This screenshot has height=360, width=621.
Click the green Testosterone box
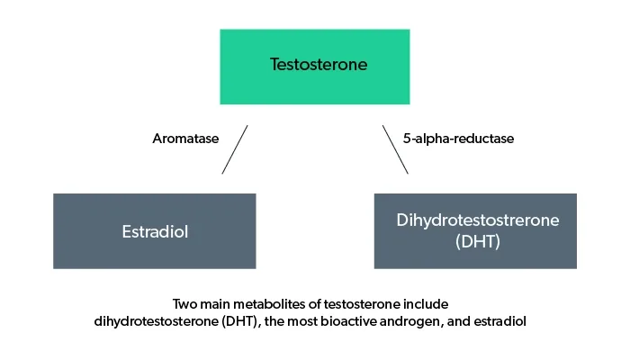(x=314, y=66)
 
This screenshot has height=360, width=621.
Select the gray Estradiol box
(x=154, y=230)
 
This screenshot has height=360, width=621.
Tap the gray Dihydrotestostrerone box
(x=474, y=230)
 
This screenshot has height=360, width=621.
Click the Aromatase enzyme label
(x=186, y=139)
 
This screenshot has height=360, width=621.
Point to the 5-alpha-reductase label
(x=458, y=139)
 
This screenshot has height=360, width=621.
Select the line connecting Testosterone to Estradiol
(x=234, y=149)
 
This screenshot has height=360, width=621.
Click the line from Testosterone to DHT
(x=395, y=149)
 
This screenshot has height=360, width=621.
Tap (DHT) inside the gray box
(x=474, y=242)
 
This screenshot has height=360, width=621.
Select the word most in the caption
(x=307, y=320)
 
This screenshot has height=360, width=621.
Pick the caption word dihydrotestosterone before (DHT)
(x=157, y=320)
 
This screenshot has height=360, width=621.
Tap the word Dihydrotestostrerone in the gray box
(x=474, y=220)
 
